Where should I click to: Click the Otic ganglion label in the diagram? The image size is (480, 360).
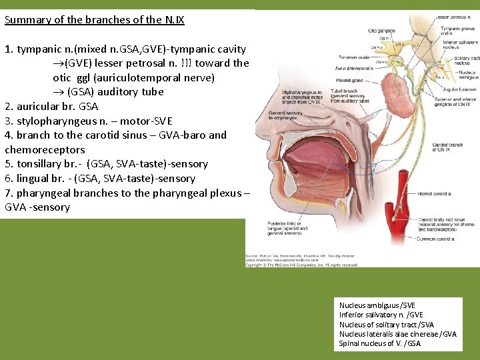pyautogui.click(x=382, y=31)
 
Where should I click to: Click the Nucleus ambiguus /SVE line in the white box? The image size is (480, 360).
pyautogui.click(x=377, y=305)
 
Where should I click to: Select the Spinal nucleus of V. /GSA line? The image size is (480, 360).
pyautogui.click(x=379, y=343)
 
